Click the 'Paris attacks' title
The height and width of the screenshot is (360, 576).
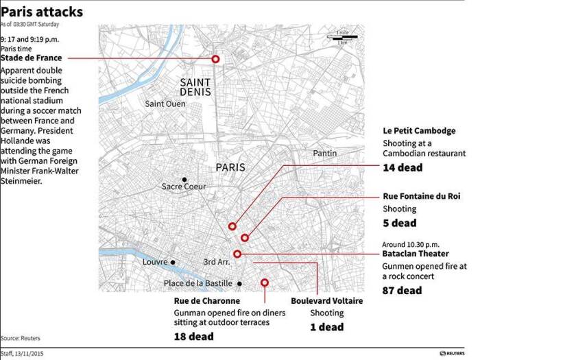[42, 12]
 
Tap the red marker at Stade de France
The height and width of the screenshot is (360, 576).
[215, 60]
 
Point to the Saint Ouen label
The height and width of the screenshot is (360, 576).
[165, 104]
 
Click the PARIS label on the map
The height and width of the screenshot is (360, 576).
[230, 167]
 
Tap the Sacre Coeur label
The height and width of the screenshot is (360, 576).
[183, 186]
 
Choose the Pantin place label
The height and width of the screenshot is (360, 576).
[325, 153]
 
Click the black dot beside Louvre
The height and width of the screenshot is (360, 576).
[173, 262]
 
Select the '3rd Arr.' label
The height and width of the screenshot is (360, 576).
[217, 262]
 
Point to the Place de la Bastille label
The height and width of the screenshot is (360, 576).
[199, 283]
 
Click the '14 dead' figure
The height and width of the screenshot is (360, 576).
[403, 167]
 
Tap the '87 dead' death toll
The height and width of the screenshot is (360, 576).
[402, 291]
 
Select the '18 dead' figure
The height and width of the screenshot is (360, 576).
[193, 337]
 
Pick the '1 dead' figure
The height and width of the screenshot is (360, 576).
[326, 327]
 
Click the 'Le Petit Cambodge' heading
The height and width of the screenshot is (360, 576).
[419, 131]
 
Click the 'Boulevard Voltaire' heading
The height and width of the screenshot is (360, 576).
[326, 301]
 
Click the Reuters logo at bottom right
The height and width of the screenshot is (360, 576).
[452, 353]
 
